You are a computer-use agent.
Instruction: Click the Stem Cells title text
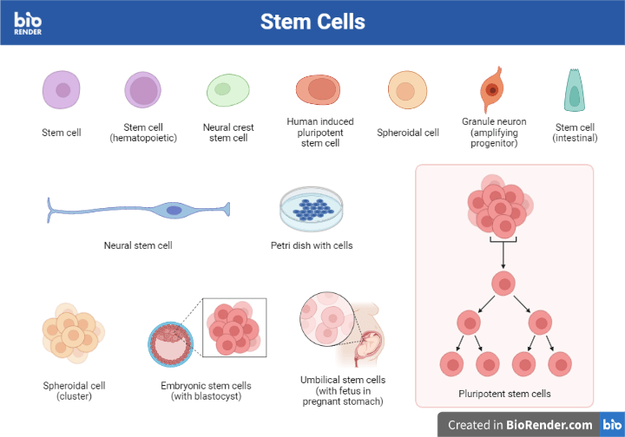[x=312, y=22]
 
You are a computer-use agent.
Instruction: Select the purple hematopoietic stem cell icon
[x=143, y=91]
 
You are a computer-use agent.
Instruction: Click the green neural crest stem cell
[x=227, y=90]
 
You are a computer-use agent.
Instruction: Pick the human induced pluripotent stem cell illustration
[x=319, y=89]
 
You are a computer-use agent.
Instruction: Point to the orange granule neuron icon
[x=492, y=89]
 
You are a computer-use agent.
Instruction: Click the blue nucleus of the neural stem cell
[x=174, y=210]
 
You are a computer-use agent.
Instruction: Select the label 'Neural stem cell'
[x=138, y=245]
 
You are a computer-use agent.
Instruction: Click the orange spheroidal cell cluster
[x=72, y=333]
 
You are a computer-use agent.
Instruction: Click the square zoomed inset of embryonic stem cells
[x=234, y=328]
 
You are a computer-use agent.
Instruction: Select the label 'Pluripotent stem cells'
[x=504, y=394]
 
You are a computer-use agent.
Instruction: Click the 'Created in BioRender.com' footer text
[x=520, y=425]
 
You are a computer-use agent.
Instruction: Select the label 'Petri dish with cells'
[x=312, y=245]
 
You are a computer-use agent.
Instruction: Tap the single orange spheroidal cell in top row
[x=407, y=90]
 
